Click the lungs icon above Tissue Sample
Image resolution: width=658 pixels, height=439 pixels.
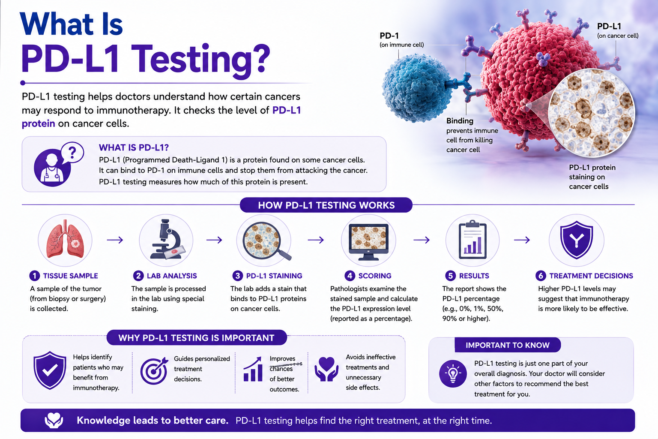65,240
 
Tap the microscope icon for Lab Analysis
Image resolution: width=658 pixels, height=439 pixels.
168,239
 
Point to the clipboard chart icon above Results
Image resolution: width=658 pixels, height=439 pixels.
473,239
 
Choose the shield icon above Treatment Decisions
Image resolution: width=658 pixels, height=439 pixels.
576,240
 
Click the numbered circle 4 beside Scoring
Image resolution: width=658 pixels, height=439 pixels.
350,276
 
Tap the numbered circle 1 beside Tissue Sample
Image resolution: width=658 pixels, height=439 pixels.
34,276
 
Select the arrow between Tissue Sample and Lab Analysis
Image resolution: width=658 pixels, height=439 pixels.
115,240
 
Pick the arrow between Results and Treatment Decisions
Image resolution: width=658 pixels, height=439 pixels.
522,240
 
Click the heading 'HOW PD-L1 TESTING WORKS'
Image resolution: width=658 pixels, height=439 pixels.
326,205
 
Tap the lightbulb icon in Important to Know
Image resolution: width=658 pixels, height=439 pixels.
453,374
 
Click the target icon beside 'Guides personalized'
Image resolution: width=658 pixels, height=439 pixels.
154,370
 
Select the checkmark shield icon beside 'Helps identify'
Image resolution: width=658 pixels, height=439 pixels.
50,370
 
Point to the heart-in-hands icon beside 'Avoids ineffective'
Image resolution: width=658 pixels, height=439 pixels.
326,369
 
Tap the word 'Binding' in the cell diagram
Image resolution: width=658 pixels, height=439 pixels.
460,121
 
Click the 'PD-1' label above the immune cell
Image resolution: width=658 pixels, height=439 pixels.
389,36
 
